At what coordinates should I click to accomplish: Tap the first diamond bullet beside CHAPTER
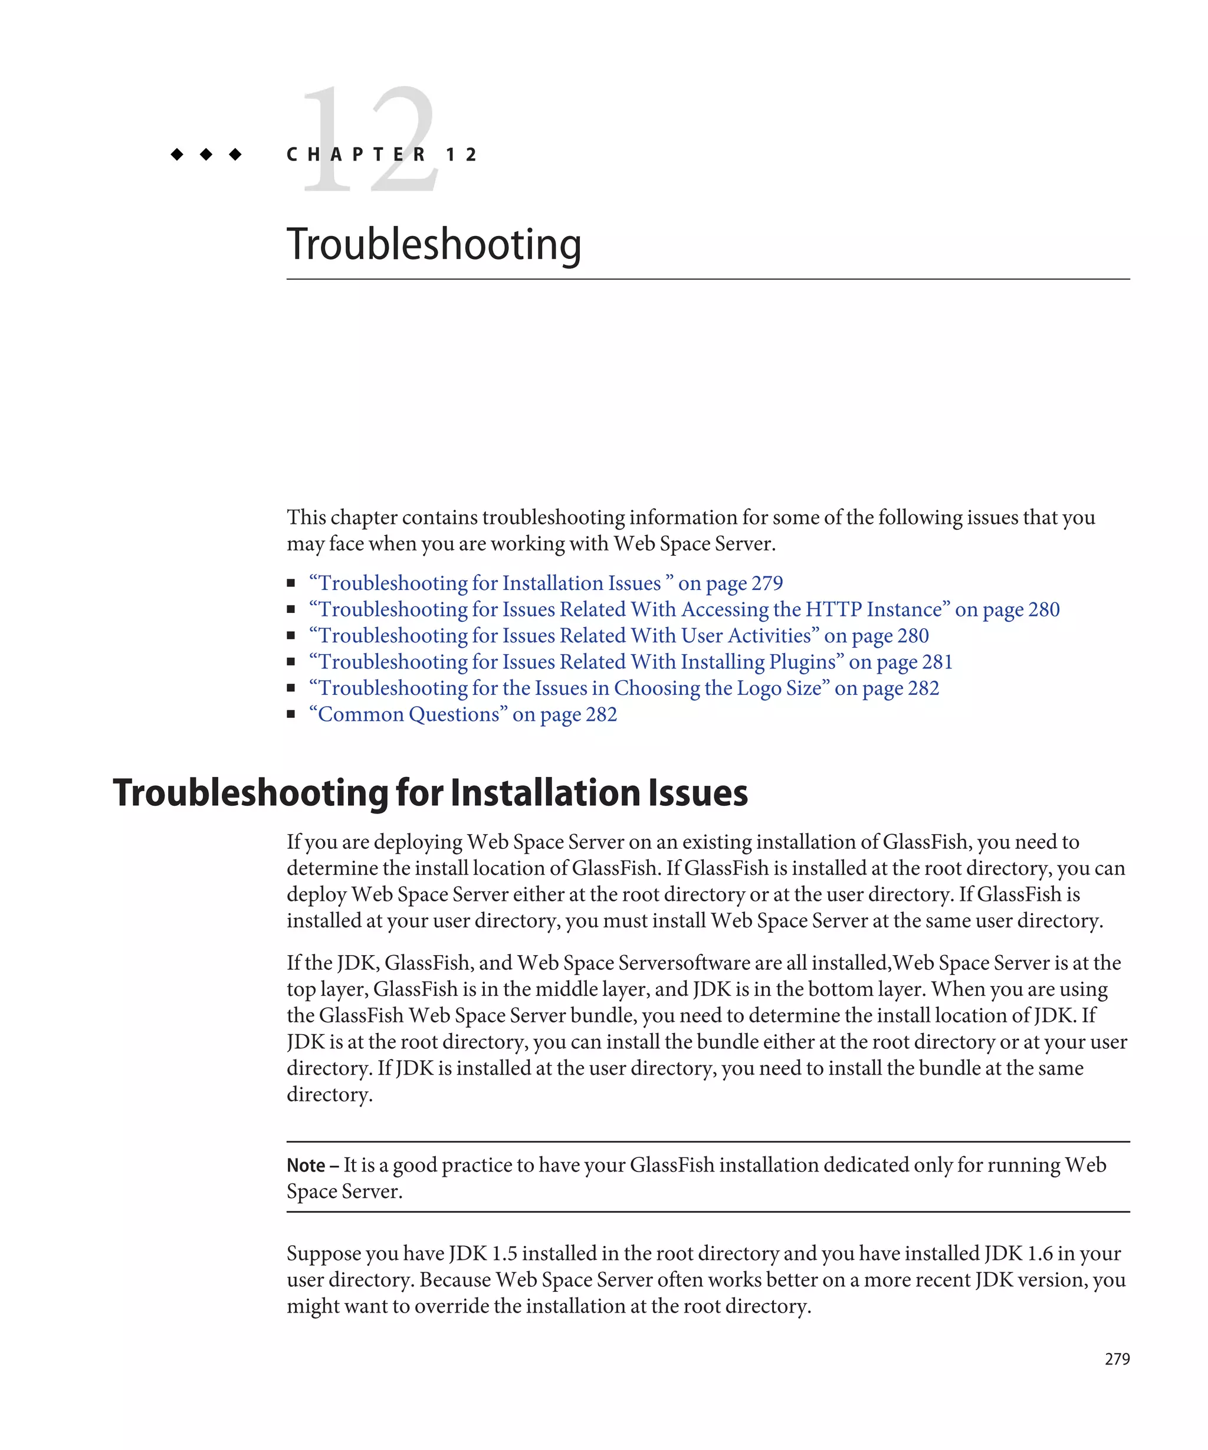[177, 154]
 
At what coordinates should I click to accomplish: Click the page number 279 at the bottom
[1116, 1359]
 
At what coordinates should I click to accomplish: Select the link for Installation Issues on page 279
[546, 583]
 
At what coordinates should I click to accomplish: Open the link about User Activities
[618, 635]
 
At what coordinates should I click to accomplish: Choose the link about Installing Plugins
[629, 661]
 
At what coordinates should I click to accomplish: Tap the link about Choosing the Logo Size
[623, 688]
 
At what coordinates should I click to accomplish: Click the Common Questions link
[462, 714]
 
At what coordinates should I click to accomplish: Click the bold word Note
[306, 1166]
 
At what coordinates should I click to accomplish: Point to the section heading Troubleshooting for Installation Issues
[430, 793]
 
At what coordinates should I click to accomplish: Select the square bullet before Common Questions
[291, 714]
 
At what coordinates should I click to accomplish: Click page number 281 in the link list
[937, 661]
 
